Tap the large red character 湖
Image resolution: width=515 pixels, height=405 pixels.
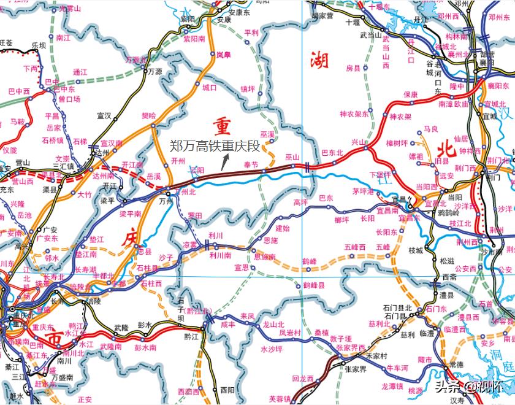pos(319,60)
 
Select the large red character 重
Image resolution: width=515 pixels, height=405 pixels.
pos(222,126)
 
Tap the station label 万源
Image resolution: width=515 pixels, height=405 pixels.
pos(155,71)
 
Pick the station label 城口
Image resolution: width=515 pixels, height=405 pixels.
pos(210,87)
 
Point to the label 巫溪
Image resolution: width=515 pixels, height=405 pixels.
pos(267,134)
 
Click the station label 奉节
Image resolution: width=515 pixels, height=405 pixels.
pos(251,164)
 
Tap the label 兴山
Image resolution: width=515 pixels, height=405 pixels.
pos(357,142)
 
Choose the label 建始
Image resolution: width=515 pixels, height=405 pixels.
pos(282,228)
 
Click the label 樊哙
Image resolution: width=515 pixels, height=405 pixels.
pos(149,115)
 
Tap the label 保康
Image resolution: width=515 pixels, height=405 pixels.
pos(410,94)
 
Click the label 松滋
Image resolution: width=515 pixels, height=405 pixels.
pos(448,261)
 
